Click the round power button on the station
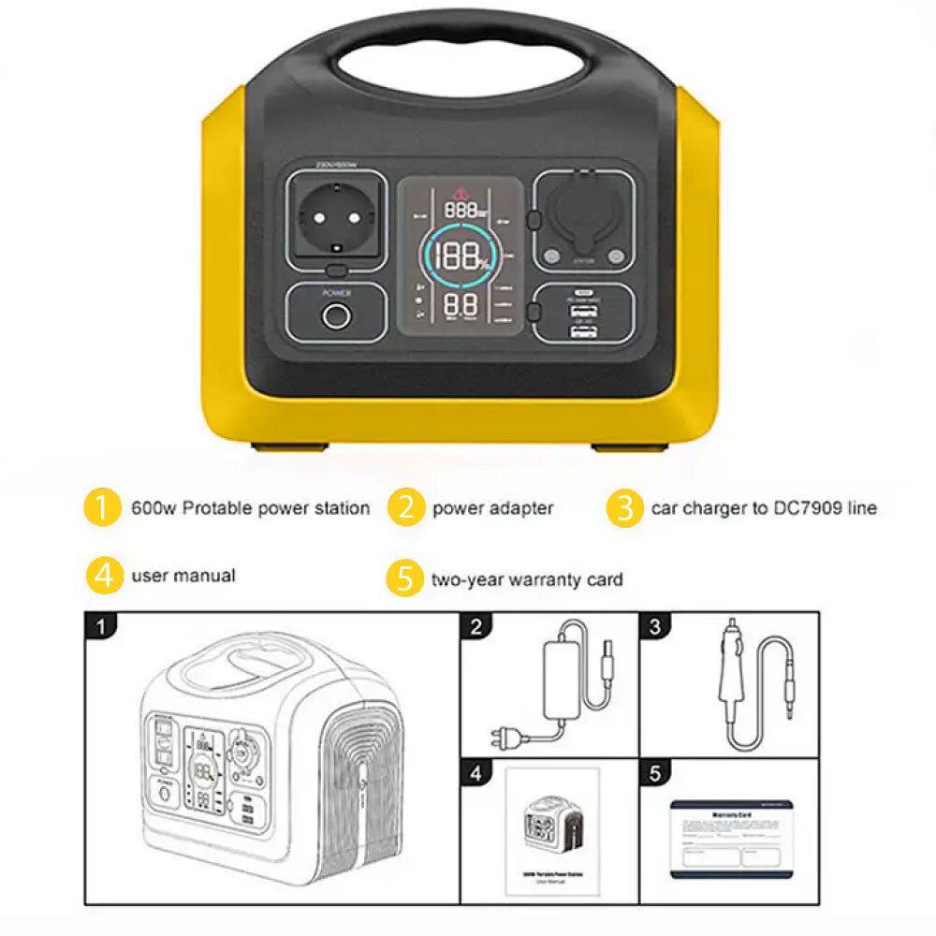pos(332,316)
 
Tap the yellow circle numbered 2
pos(405,508)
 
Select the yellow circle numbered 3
pos(624,508)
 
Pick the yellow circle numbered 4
pos(105,575)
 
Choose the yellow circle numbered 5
pos(404,579)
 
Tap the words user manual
pos(183,575)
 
